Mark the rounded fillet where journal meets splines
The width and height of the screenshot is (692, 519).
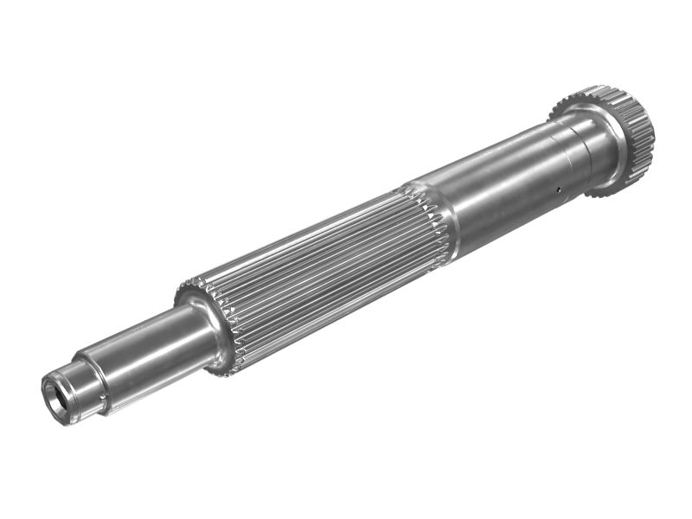click(208, 324)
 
